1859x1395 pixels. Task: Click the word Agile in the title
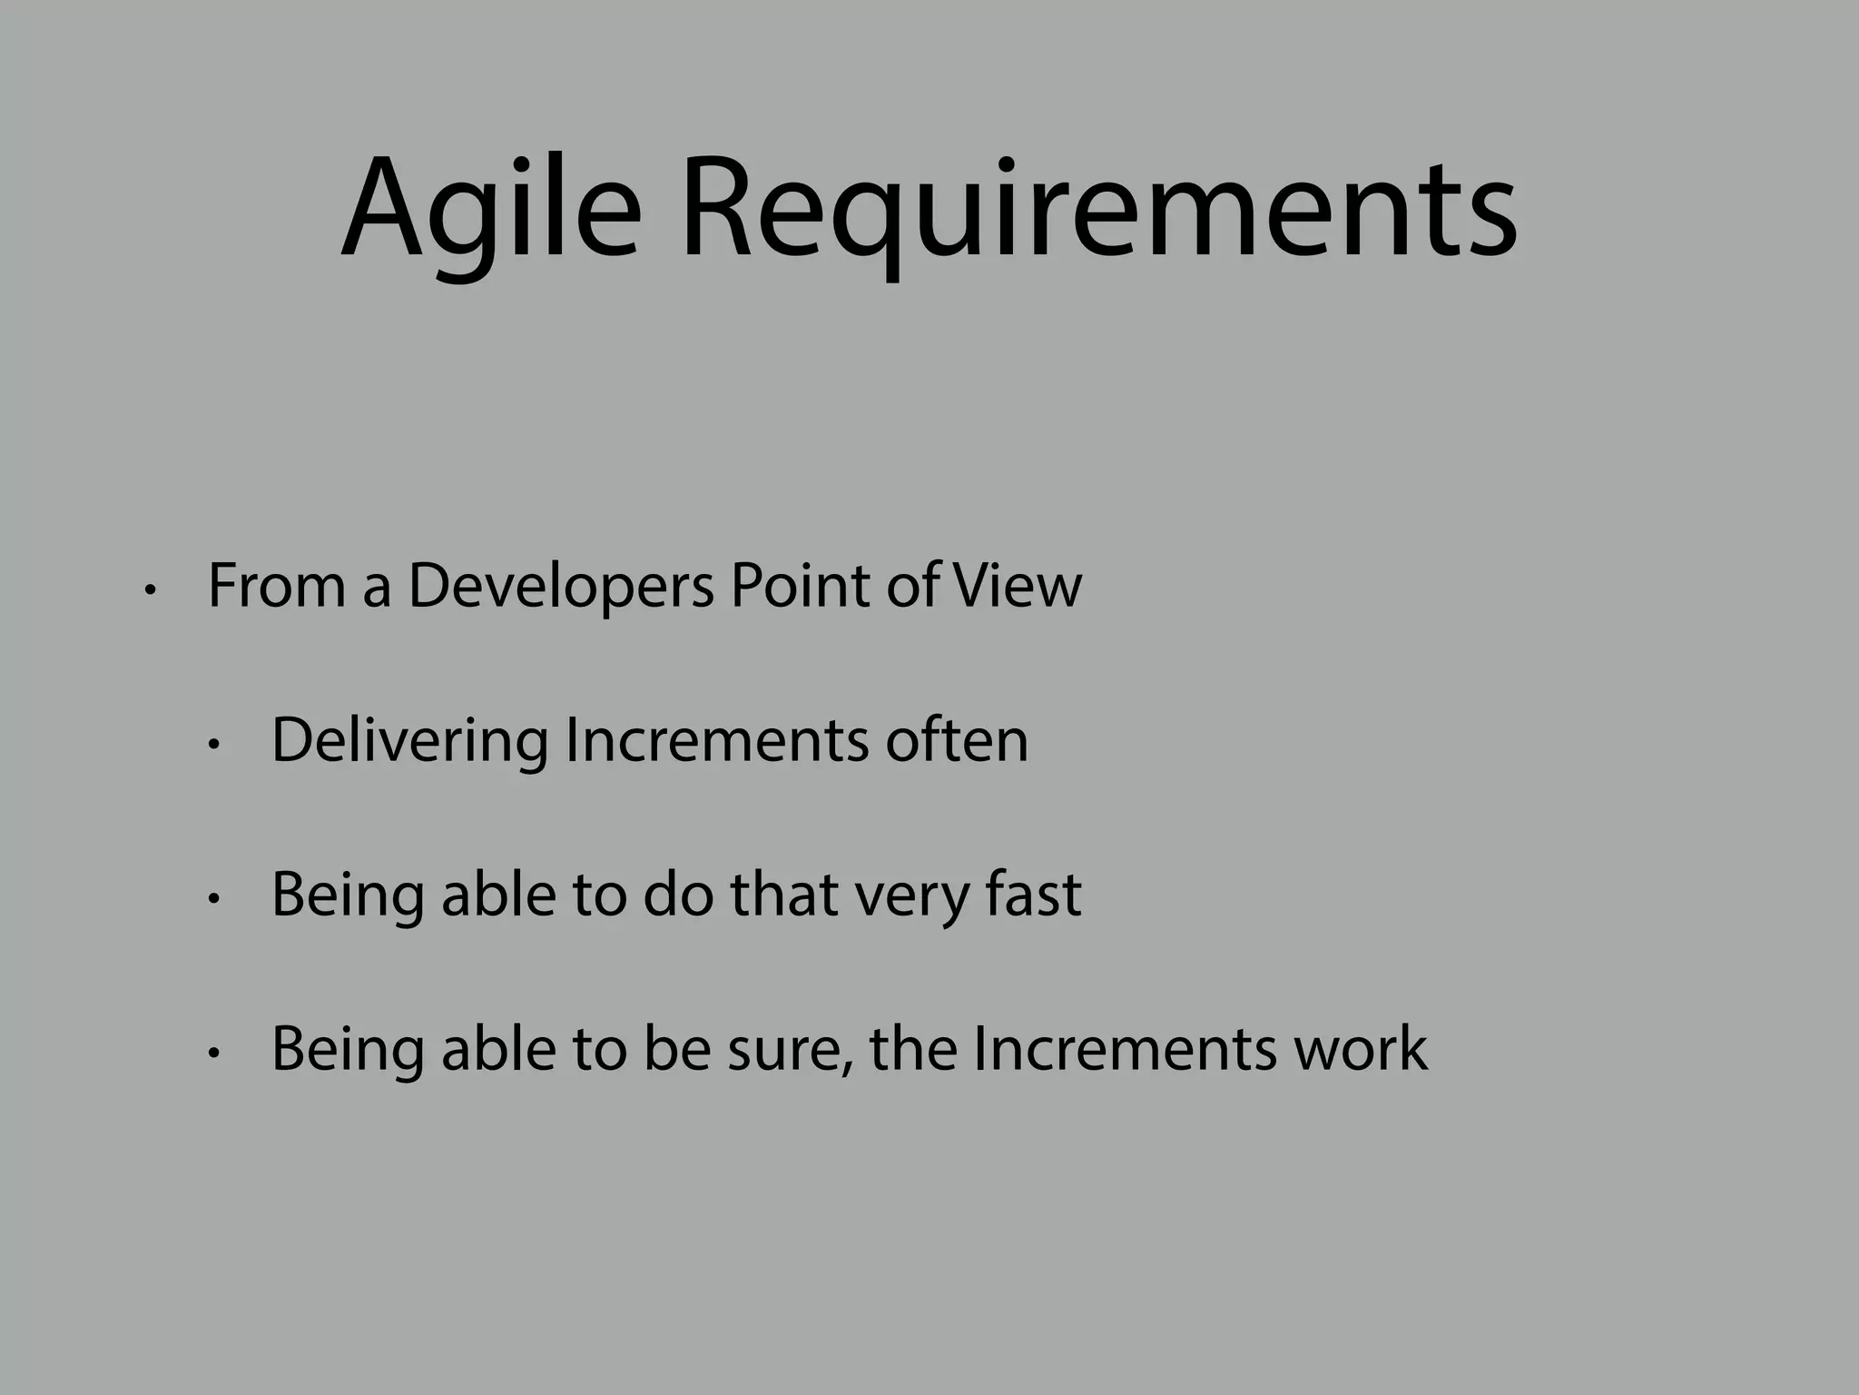(x=490, y=211)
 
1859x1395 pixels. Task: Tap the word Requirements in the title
(x=1098, y=211)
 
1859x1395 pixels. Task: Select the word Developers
(x=561, y=586)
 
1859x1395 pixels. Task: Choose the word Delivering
(x=409, y=740)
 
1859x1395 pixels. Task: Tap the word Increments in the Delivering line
(x=717, y=740)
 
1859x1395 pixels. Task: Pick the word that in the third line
(x=786, y=895)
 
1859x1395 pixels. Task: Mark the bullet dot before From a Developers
(x=151, y=591)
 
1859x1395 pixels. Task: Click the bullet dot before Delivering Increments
(x=214, y=746)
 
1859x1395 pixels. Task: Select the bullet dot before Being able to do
(x=214, y=900)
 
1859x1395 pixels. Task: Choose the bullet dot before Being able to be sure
(x=214, y=1054)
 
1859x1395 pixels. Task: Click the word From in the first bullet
(x=277, y=586)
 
